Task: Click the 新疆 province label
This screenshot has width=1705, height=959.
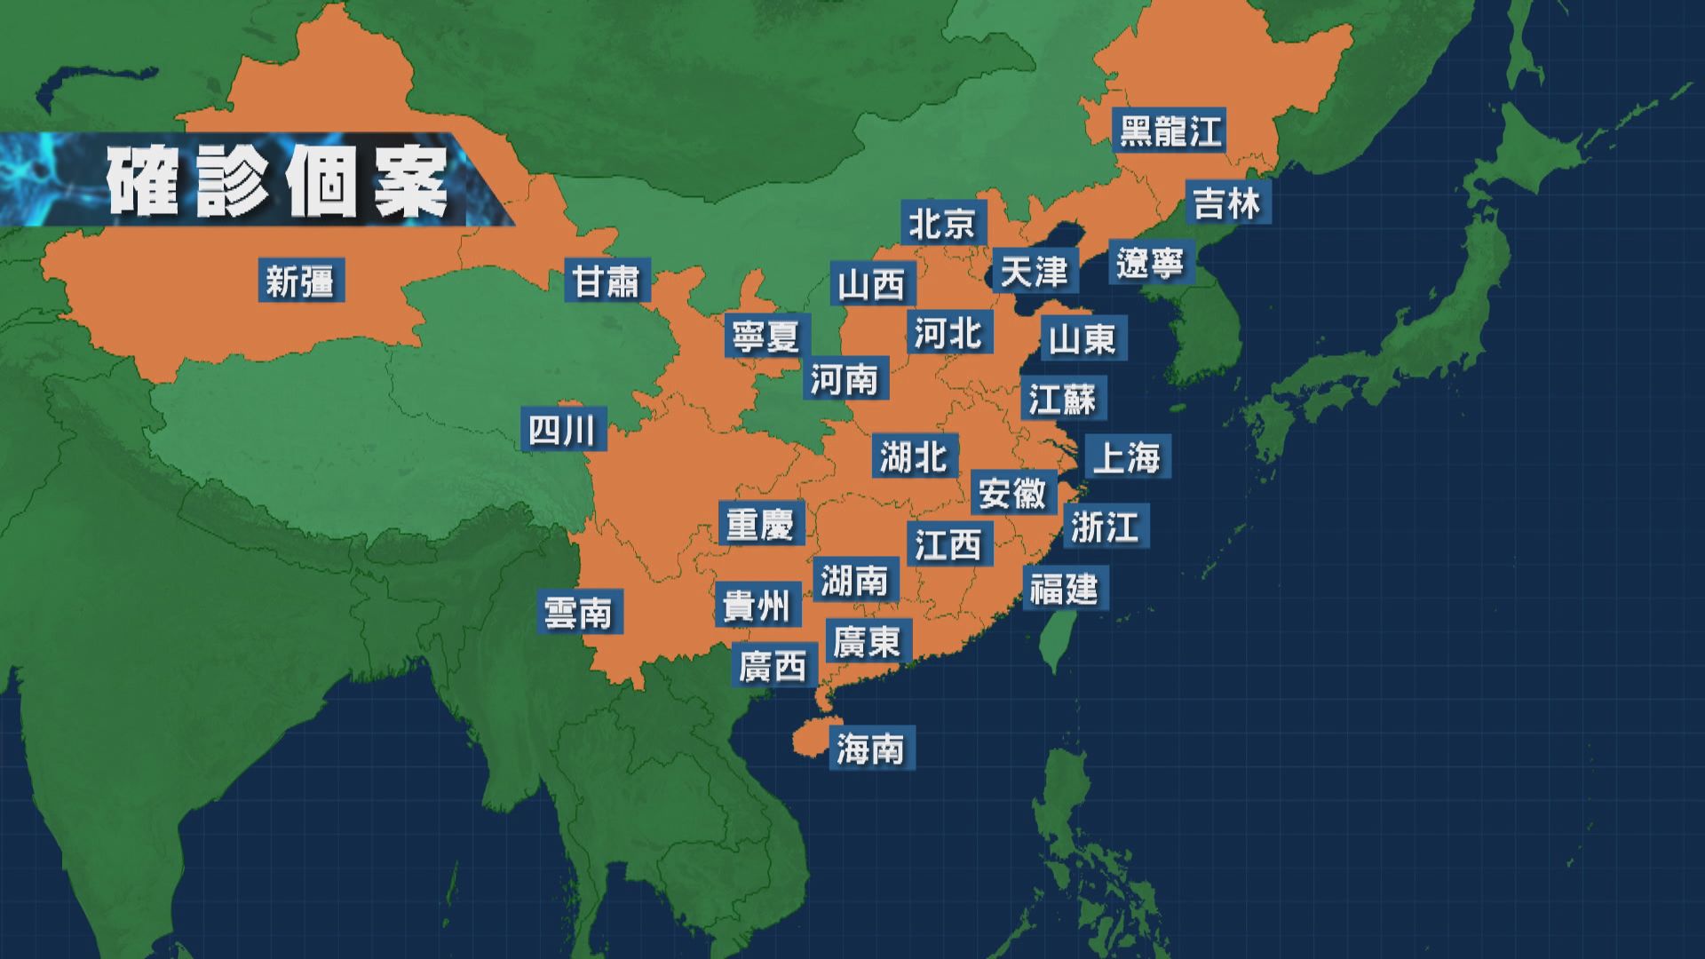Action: pos(300,282)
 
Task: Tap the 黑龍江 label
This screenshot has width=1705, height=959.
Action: pos(1170,130)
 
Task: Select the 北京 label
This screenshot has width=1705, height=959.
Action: pos(942,223)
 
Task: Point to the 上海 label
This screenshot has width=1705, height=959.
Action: pos(1126,458)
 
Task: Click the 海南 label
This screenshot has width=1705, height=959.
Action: pos(870,749)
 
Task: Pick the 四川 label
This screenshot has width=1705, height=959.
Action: pos(563,431)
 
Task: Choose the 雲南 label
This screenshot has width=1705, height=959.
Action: pos(579,613)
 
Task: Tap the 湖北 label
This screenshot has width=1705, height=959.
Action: pos(914,456)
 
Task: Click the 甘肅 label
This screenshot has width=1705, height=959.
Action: pos(607,281)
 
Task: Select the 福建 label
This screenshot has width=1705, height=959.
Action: pos(1064,588)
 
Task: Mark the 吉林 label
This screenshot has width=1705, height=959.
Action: pos(1227,202)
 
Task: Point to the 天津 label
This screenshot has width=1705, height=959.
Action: pos(1034,271)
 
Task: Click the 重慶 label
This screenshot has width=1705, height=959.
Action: pos(760,524)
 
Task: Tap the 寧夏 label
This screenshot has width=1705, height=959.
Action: pos(765,336)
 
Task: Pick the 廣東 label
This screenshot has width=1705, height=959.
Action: pos(867,640)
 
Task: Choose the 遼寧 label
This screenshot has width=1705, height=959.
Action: pos(1150,263)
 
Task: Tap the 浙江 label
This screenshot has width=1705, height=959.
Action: pos(1105,527)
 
